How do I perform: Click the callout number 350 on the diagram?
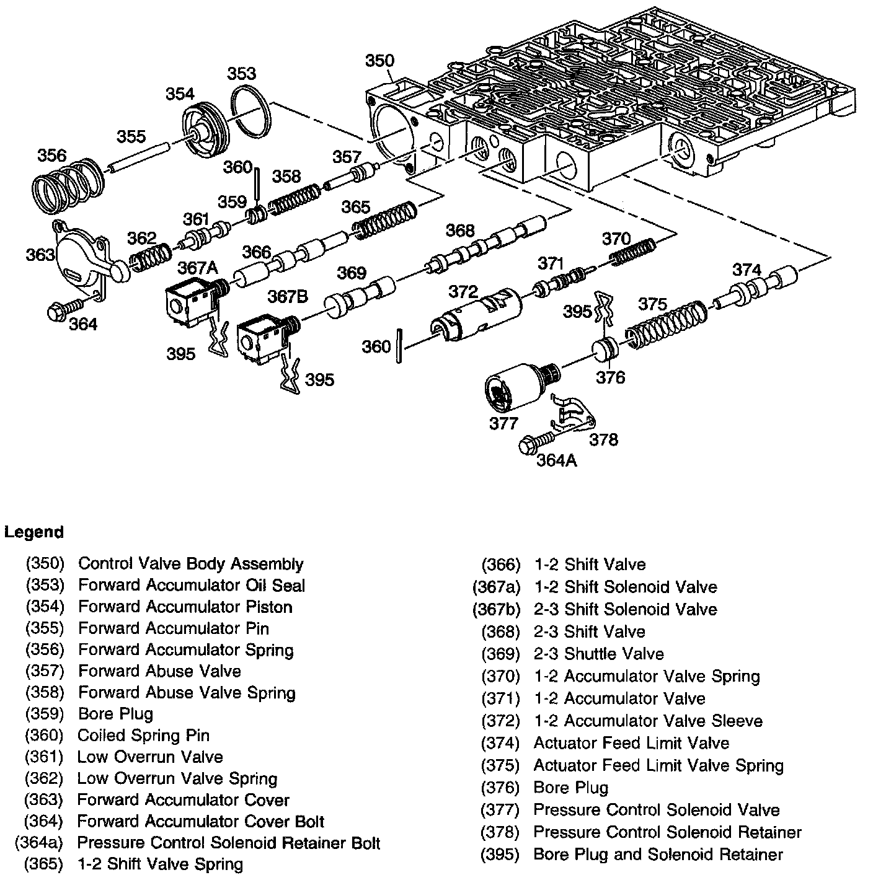click(379, 61)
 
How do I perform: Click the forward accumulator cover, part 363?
click(84, 260)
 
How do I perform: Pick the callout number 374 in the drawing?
click(747, 270)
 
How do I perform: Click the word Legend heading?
click(34, 532)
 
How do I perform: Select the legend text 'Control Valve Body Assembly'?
click(191, 564)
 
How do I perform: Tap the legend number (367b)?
click(496, 609)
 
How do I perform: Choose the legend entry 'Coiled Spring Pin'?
click(143, 736)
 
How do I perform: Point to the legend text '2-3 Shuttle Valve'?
click(598, 654)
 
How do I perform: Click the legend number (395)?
click(500, 855)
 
